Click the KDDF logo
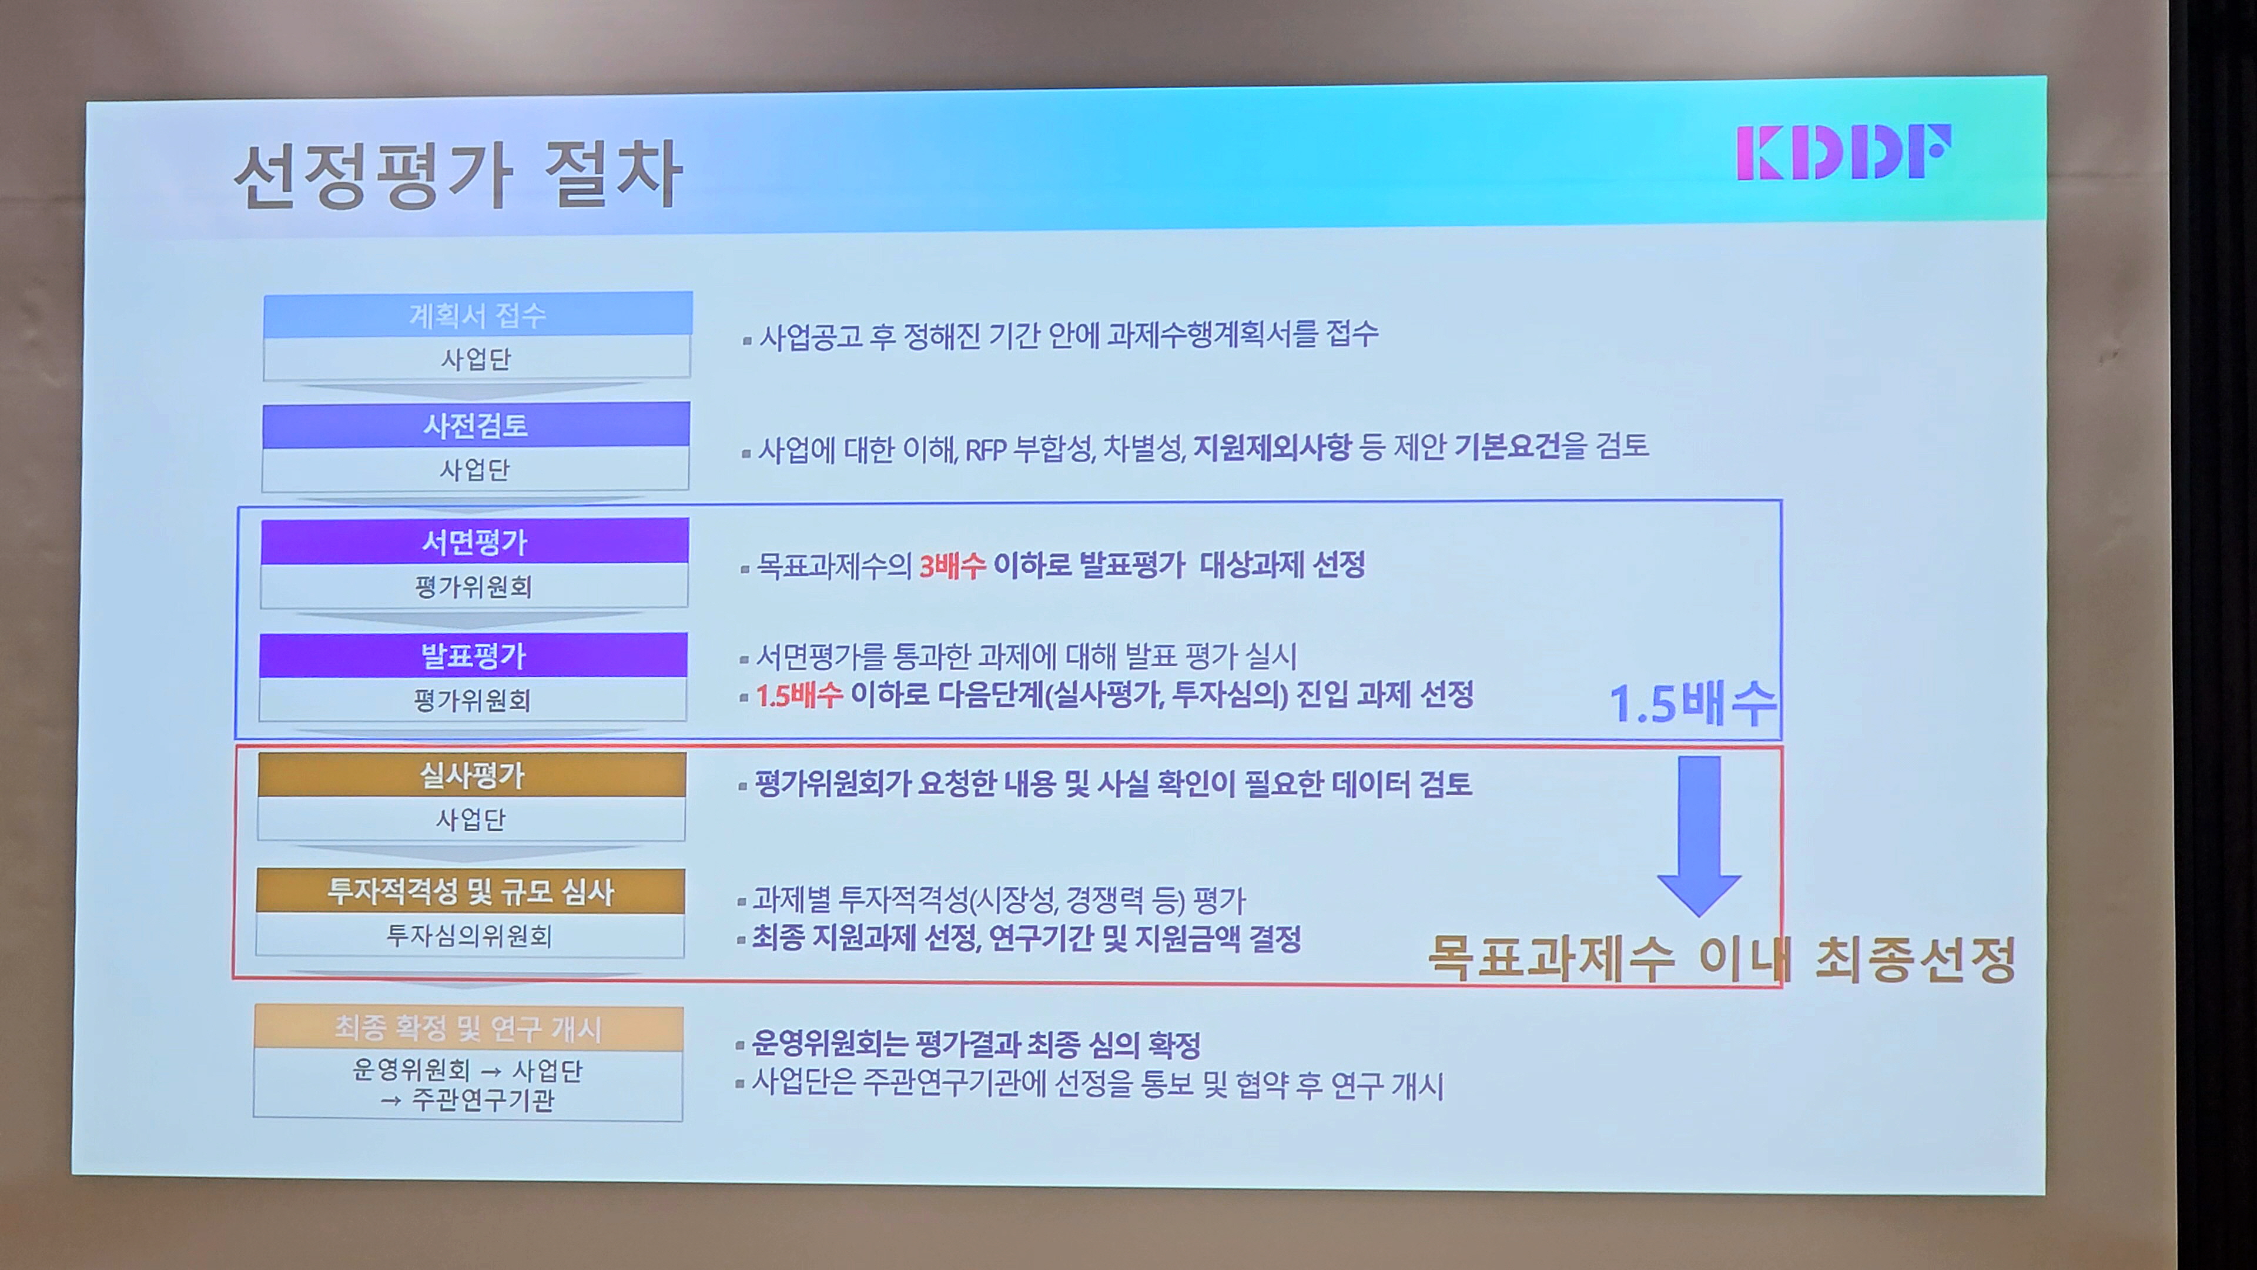coord(1843,152)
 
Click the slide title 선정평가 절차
coord(457,175)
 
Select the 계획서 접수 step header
coord(477,315)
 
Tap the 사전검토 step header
coord(475,425)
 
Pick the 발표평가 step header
coord(473,655)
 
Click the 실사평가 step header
coord(471,775)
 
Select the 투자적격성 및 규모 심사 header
coord(470,891)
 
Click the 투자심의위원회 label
coord(470,936)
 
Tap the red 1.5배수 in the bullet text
coord(799,695)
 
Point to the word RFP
coord(985,450)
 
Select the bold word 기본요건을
coord(1520,446)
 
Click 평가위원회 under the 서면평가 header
coord(474,586)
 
